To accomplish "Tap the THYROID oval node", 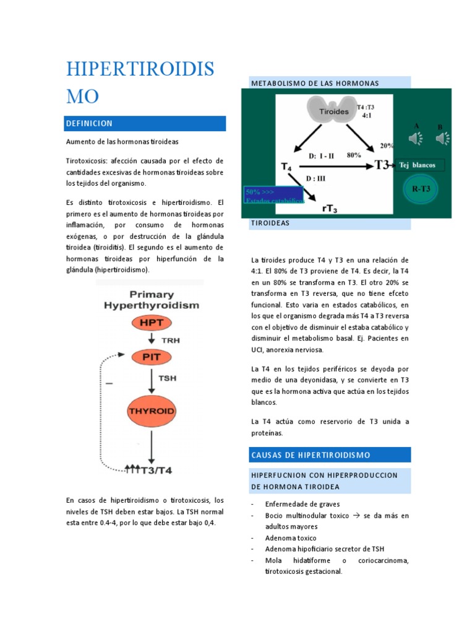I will coord(152,410).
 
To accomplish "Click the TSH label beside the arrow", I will coord(168,377).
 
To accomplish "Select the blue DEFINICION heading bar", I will coord(145,124).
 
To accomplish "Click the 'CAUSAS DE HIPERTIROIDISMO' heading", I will coord(329,455).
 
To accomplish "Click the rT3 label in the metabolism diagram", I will coord(330,208).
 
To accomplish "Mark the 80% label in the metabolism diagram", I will coord(354,155).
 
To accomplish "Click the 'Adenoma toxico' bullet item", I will coord(290,538).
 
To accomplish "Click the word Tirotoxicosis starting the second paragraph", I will coord(86,160).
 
